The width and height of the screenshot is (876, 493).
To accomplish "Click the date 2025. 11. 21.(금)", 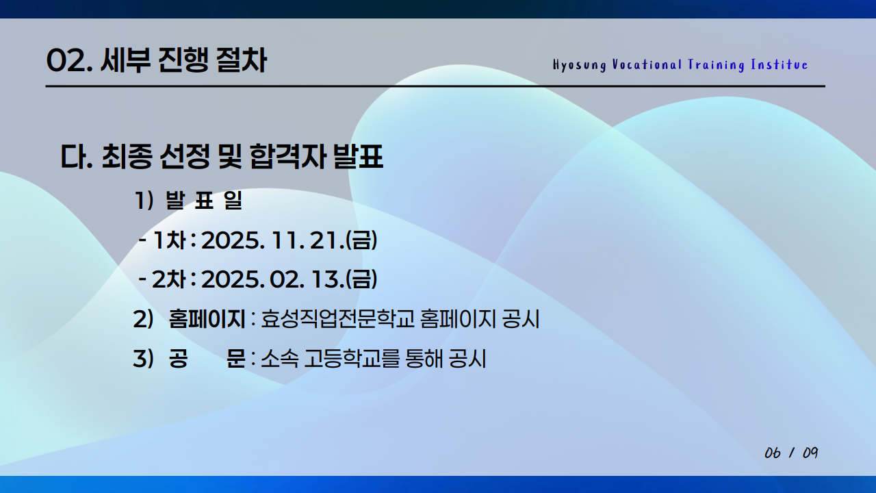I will point(289,240).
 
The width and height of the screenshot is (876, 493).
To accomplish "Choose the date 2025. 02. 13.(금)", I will point(289,279).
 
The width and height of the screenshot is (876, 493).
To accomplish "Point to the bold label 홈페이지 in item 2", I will point(207,319).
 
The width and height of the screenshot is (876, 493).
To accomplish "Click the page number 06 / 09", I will point(791,453).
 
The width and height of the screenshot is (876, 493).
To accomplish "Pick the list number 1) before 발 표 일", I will point(144,202).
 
